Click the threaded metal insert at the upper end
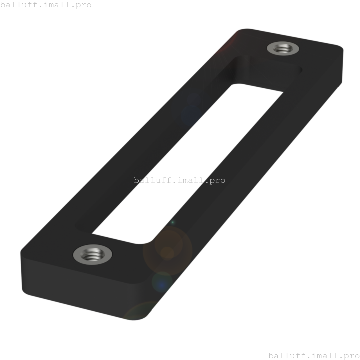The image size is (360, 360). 283,48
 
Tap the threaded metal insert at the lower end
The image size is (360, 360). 93,255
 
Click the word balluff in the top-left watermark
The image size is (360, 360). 18,5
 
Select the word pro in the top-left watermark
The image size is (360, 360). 84,5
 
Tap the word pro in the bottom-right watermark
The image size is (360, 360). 352,356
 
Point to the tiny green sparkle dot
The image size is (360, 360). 173,222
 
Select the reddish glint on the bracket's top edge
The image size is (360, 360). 229,42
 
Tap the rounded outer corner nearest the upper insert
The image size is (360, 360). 339,48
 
